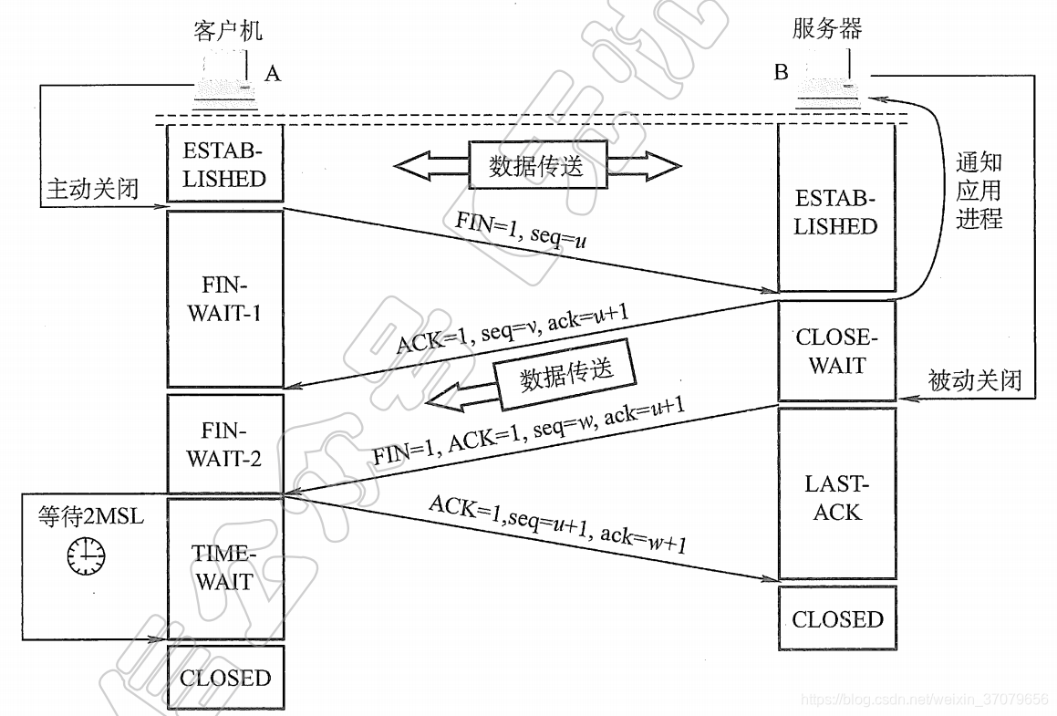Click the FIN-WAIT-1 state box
coord(224,299)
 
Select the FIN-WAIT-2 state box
coord(224,443)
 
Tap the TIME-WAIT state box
coord(224,567)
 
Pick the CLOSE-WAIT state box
coord(836,351)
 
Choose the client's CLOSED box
coord(225,678)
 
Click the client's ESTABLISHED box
coord(224,164)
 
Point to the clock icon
coord(85,555)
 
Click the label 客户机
coord(228,31)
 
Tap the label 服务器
coord(826,28)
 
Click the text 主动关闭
coord(93,189)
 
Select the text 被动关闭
coord(975,379)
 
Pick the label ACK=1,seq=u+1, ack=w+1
coord(558,525)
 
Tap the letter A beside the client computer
coord(272,74)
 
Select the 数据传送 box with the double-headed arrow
coord(536,165)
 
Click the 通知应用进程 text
coord(979,191)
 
